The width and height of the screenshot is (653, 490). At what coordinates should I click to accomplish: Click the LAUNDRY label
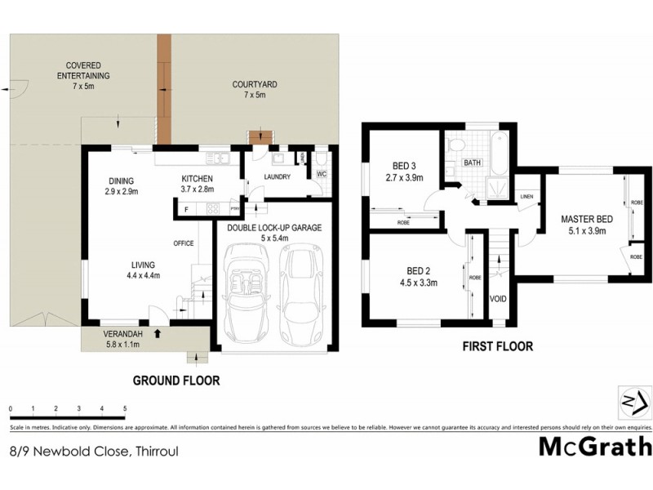tap(278, 176)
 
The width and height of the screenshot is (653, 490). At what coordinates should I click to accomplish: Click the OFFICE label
tap(183, 243)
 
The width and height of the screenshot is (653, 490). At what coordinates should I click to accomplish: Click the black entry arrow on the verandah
tap(158, 332)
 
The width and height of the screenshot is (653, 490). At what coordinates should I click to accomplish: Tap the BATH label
tap(473, 163)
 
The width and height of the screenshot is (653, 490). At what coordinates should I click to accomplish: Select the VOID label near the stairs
tap(498, 299)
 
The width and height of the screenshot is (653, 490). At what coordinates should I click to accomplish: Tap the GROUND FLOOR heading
tap(176, 380)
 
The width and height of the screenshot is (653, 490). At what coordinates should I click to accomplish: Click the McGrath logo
tap(595, 446)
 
